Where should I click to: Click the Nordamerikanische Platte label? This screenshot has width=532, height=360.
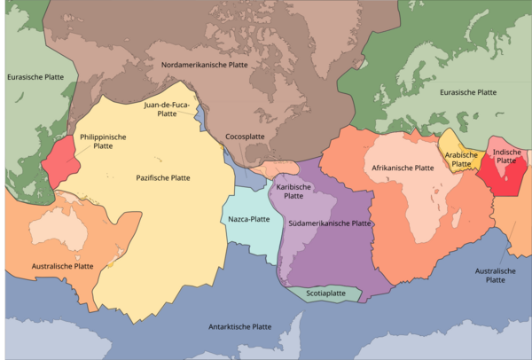point(204,65)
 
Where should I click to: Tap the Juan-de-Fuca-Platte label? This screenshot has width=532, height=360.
point(168,109)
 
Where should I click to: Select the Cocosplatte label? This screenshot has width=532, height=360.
point(245,137)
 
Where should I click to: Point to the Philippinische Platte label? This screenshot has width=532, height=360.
point(104,142)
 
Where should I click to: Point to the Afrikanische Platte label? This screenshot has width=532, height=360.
point(403,167)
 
